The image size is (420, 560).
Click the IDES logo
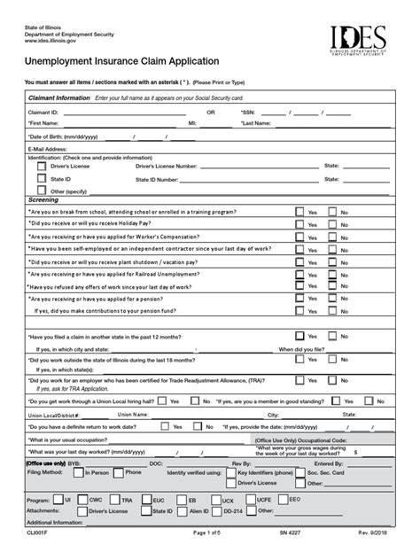[x=358, y=42]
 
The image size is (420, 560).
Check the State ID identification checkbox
[x=41, y=178]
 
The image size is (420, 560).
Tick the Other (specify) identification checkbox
[x=41, y=190]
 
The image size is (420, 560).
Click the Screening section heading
[x=45, y=200]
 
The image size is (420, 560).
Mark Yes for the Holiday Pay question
[x=299, y=225]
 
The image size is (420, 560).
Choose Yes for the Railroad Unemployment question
[x=299, y=275]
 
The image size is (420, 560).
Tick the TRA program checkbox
[x=117, y=499]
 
